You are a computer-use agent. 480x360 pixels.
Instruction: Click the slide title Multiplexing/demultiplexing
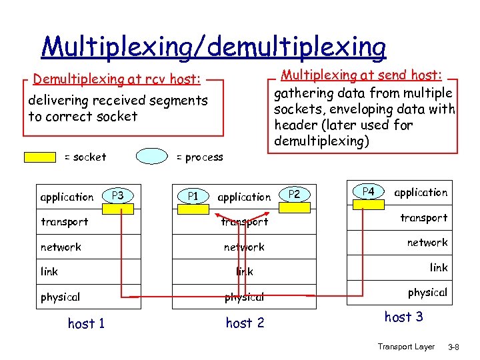[x=213, y=47]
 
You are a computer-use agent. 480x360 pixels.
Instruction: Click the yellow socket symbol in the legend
[x=40, y=157]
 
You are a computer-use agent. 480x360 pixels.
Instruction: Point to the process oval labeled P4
[x=368, y=192]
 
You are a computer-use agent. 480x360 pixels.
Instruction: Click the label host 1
[x=86, y=324]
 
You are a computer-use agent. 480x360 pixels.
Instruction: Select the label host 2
[x=245, y=323]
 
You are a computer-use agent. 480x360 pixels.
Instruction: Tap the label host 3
[x=403, y=317]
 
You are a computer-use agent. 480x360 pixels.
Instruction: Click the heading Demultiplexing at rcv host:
[x=117, y=80]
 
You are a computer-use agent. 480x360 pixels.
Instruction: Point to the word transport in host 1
[x=64, y=222]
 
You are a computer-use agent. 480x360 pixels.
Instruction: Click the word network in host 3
[x=427, y=243]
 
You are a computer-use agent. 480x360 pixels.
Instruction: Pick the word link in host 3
[x=439, y=267]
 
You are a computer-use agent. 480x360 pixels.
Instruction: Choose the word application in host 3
[x=421, y=193]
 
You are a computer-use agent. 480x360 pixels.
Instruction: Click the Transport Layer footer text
[x=406, y=347]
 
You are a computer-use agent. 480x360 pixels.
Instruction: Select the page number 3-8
[x=457, y=347]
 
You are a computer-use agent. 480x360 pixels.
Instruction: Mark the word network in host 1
[x=61, y=247]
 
